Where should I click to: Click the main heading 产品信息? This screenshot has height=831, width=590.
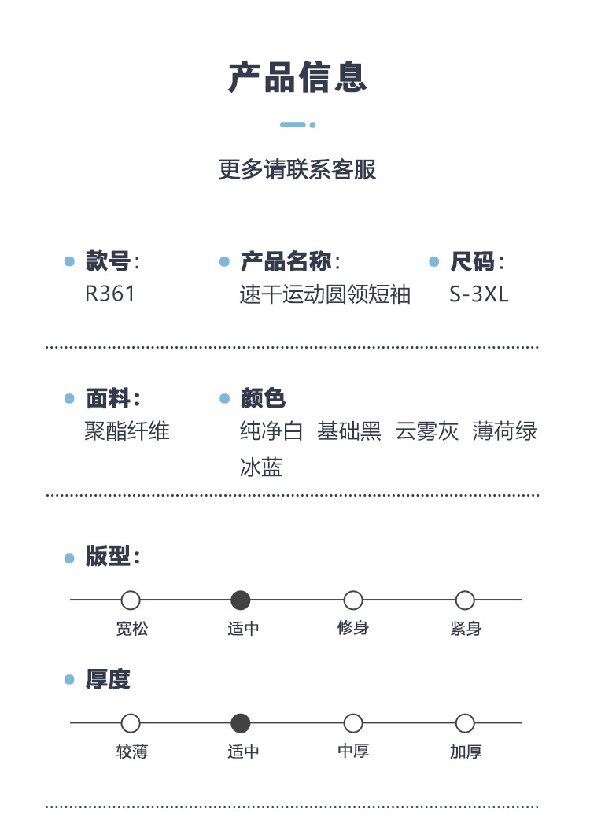(297, 78)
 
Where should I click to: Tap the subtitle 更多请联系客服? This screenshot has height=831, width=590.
(297, 169)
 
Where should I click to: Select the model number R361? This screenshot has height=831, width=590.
(110, 294)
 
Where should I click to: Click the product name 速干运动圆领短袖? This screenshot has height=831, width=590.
(325, 294)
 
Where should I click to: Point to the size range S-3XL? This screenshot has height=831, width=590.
(479, 294)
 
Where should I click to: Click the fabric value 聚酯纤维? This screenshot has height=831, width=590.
(127, 431)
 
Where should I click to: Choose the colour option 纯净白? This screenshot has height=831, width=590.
(271, 431)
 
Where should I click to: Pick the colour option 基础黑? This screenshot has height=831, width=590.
(349, 431)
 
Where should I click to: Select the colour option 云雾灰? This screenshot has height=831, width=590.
(427, 431)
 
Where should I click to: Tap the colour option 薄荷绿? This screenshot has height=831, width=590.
(505, 431)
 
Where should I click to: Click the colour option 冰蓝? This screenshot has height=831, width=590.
(261, 467)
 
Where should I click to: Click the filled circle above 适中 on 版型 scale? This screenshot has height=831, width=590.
(241, 600)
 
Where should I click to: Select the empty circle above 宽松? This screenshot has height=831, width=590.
(131, 600)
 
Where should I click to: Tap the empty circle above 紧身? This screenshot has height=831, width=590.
(465, 600)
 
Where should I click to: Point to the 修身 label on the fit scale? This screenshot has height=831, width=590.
(353, 628)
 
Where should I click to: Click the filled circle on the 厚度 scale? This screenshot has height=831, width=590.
(241, 723)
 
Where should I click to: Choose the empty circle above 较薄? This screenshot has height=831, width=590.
(131, 723)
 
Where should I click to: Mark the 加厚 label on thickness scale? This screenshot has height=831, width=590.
(466, 752)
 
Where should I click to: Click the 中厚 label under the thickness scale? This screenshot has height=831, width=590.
(353, 752)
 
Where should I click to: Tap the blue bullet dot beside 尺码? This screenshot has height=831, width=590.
(433, 262)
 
